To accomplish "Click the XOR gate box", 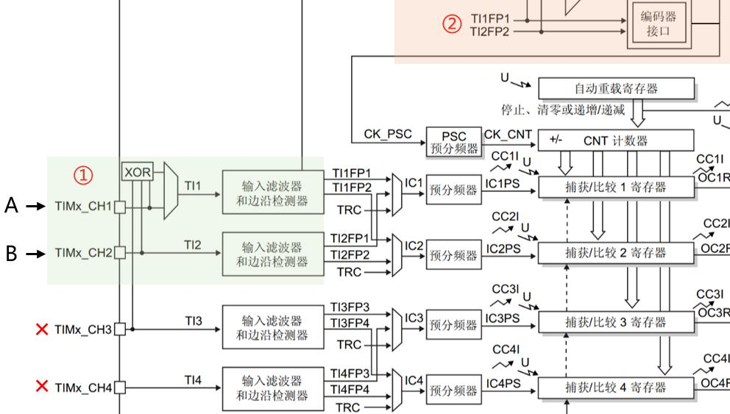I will pyautogui.click(x=138, y=173).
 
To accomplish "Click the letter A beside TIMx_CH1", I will pyautogui.click(x=11, y=207).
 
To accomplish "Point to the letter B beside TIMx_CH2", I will pyautogui.click(x=11, y=254).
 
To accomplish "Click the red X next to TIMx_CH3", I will pyautogui.click(x=42, y=329).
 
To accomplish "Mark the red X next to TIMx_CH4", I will pyautogui.click(x=42, y=386).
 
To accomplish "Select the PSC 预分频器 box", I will pyautogui.click(x=453, y=141).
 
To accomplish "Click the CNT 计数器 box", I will pyautogui.click(x=616, y=140).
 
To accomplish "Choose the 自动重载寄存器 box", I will pyautogui.click(x=616, y=88).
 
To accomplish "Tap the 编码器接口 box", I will pyautogui.click(x=657, y=25).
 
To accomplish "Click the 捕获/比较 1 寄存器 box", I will pyautogui.click(x=615, y=187).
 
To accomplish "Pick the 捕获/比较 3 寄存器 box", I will pyautogui.click(x=615, y=322).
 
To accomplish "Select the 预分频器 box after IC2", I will pyautogui.click(x=453, y=254).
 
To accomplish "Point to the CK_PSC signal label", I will pyautogui.click(x=388, y=135).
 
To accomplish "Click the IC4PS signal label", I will pyautogui.click(x=503, y=382).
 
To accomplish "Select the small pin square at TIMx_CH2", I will pyautogui.click(x=120, y=254).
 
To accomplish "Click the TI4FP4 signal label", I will pyautogui.click(x=350, y=389).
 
